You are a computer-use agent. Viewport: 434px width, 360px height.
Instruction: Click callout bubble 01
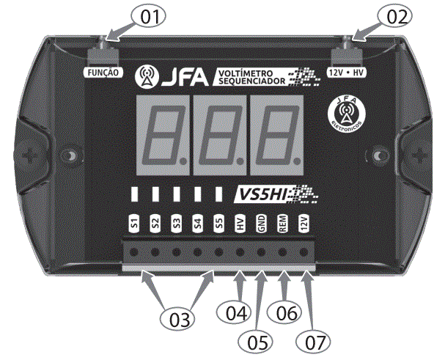pyautogui.click(x=149, y=16)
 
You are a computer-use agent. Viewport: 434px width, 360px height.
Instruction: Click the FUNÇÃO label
pyautogui.click(x=103, y=74)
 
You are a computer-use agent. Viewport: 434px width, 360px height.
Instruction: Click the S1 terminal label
pyautogui.click(x=134, y=224)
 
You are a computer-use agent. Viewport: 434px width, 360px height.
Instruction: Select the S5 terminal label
pyautogui.click(x=218, y=224)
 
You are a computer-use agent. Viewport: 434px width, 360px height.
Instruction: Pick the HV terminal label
pyautogui.click(x=240, y=224)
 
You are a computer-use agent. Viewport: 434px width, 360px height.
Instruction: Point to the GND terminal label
pyautogui.click(x=261, y=224)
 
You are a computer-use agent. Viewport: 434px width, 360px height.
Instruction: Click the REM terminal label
pyautogui.click(x=282, y=224)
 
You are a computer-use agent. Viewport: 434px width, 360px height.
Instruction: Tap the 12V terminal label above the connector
pyautogui.click(x=304, y=224)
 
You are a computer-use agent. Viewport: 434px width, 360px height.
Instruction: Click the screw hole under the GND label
pyautogui.click(x=262, y=252)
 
